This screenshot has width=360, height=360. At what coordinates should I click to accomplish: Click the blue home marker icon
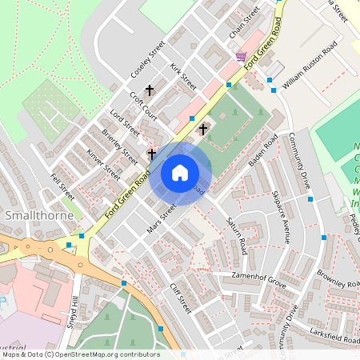click(x=180, y=172)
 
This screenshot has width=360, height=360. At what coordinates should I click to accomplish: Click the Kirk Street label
click(x=183, y=77)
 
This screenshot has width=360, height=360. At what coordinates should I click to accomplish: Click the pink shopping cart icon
click(x=241, y=56)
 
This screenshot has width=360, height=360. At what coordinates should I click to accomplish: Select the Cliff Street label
click(x=181, y=298)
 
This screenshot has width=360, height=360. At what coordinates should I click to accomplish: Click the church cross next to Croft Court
click(x=149, y=90)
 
